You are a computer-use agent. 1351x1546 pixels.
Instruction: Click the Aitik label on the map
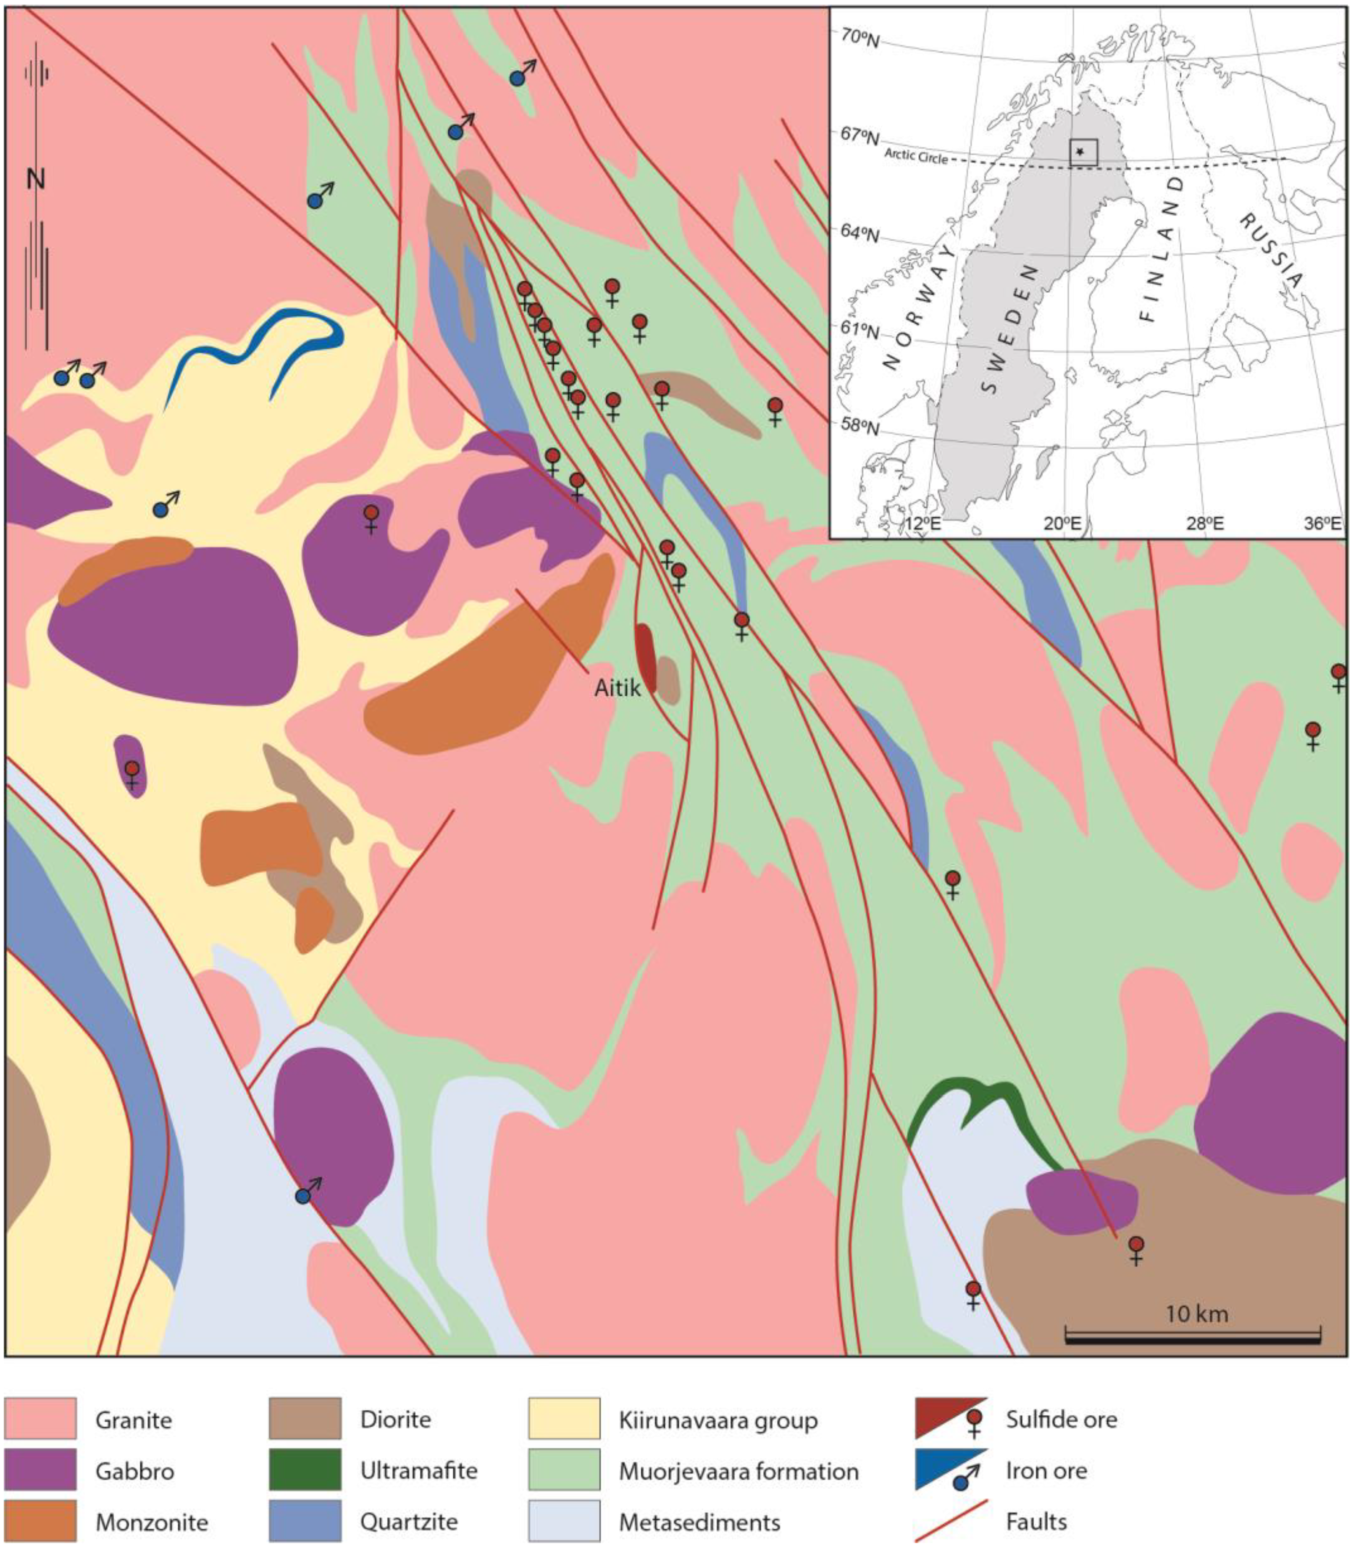(617, 687)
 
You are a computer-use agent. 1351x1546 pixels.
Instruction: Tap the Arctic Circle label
(915, 155)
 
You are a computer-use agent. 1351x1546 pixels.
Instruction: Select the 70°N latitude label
(859, 38)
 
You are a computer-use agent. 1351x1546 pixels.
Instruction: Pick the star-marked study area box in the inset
(1083, 152)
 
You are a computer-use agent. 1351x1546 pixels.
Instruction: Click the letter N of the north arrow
(35, 179)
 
